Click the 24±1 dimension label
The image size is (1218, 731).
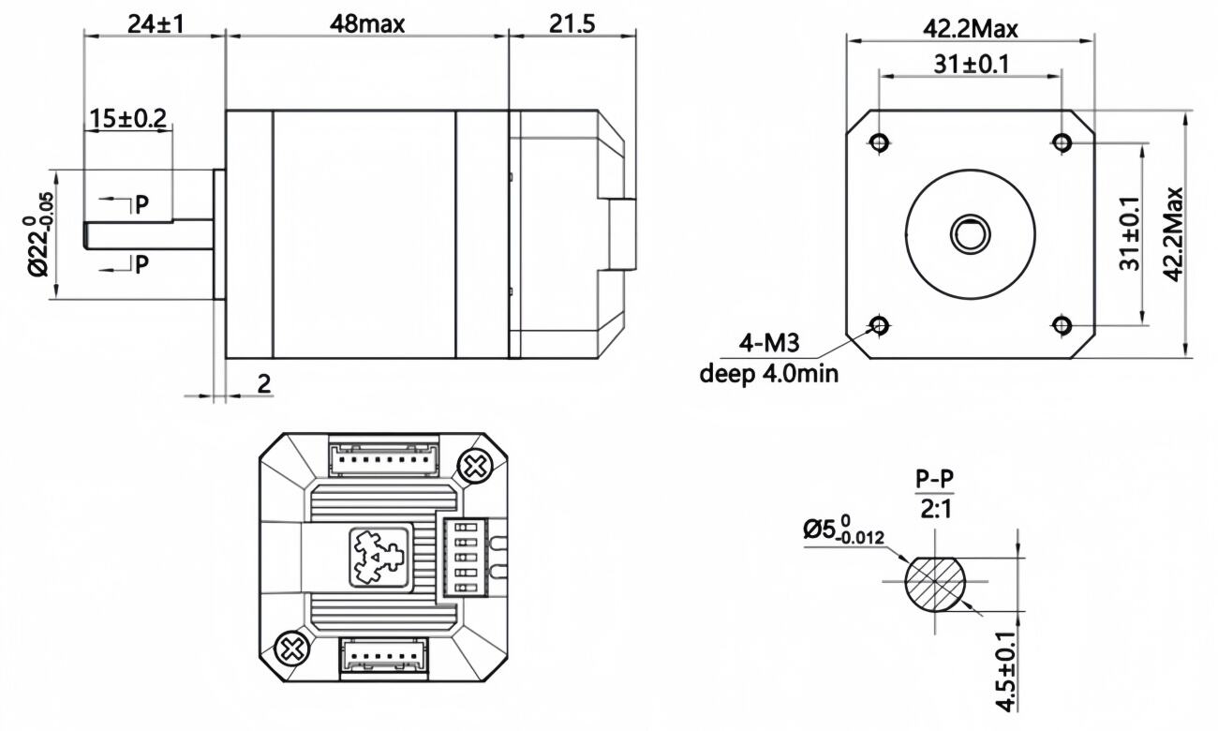[x=156, y=24]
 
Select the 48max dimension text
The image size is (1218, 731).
[x=367, y=24]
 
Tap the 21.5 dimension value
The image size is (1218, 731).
[x=572, y=24]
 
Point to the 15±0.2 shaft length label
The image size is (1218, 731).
[x=127, y=119]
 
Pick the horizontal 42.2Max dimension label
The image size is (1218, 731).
[x=970, y=29]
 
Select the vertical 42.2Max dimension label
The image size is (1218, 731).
[x=1173, y=234]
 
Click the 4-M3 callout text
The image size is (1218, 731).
[x=769, y=343]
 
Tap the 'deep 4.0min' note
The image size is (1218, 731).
[x=769, y=374]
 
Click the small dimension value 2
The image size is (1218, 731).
[x=263, y=384]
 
